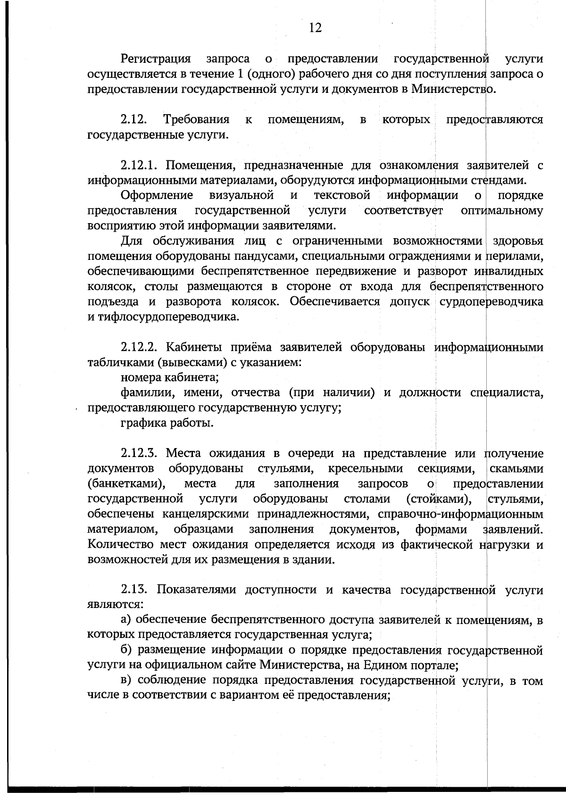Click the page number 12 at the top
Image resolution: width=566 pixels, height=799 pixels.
click(x=315, y=28)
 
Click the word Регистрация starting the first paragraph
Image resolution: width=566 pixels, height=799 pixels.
click(x=156, y=59)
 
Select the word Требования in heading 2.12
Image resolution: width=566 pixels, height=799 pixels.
click(x=196, y=120)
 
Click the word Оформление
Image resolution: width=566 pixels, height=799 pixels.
click(x=157, y=195)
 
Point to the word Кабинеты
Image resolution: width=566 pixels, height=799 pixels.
click(x=194, y=348)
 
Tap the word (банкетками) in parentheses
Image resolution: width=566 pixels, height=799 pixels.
click(x=126, y=484)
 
